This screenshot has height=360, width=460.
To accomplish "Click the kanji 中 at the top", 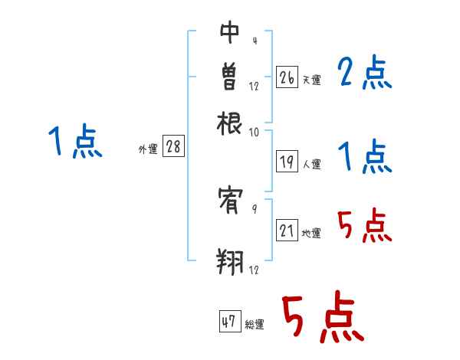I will click(230, 32).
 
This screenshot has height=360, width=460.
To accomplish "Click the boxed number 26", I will click(287, 77).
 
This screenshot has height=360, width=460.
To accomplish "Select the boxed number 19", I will click(287, 162).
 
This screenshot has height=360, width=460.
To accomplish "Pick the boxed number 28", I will click(173, 147).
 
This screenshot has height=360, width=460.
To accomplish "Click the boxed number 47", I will click(229, 322).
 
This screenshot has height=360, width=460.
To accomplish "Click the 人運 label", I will click(311, 164).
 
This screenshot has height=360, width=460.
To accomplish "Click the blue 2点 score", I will click(365, 74).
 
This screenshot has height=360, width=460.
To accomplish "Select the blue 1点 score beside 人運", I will click(365, 158).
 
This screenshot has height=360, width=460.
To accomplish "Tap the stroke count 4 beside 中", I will click(254, 41).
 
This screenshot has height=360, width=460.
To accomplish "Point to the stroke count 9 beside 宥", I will click(254, 207).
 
